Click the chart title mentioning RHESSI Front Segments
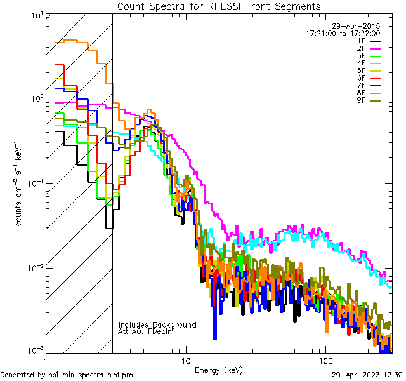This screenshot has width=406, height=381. pos(219,6)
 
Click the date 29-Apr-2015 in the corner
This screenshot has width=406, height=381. pos(360,26)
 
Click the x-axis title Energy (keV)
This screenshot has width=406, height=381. pos(218,370)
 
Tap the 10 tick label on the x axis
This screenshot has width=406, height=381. pos(185,360)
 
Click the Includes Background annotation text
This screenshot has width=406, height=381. pos(157,324)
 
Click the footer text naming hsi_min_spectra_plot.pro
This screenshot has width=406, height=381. pos(67,375)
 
